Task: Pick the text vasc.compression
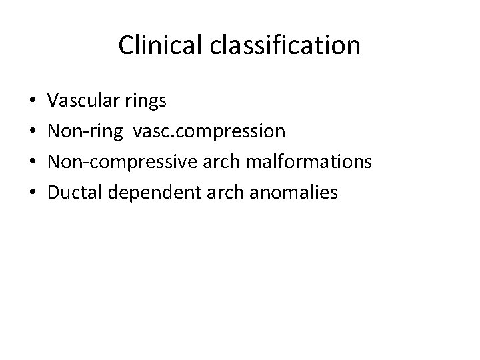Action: pyautogui.click(x=209, y=132)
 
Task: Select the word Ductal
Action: pyautogui.click(x=75, y=193)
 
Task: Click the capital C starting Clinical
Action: pyautogui.click(x=125, y=46)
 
